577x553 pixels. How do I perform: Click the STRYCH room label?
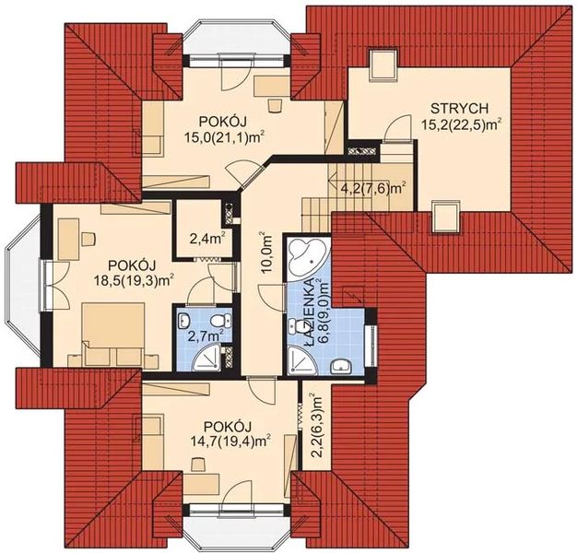tap(459, 109)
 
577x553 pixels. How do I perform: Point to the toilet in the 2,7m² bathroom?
tap(219, 322)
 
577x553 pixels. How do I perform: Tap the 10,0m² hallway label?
tap(267, 253)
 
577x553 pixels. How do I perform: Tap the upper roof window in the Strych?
tap(383, 64)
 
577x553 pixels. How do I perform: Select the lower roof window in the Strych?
tap(445, 218)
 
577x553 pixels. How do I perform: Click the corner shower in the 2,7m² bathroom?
tap(207, 358)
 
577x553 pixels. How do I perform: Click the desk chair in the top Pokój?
tap(274, 105)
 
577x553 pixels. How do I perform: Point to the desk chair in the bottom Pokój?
tap(198, 464)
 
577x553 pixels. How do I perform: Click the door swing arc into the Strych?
tap(395, 124)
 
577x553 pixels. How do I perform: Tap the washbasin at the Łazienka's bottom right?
tap(341, 367)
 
